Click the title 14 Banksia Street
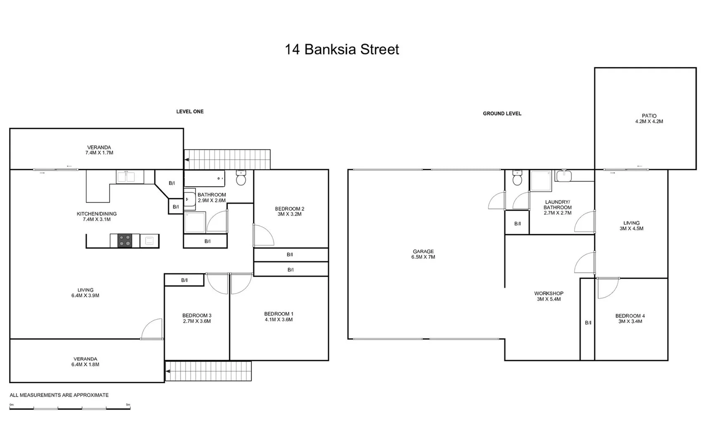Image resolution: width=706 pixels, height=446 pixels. (342, 50)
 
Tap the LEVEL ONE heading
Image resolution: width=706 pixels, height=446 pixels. (190, 111)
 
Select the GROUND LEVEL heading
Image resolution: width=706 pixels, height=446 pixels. (502, 114)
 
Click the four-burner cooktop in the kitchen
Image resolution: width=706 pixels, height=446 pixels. (125, 240)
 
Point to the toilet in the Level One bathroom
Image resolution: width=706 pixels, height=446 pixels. (241, 178)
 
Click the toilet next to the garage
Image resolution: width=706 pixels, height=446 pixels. (517, 178)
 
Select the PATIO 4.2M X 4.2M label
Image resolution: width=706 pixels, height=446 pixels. (649, 119)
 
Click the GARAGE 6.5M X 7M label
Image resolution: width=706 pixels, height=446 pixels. (423, 254)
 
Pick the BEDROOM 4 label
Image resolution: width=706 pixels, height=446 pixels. (630, 318)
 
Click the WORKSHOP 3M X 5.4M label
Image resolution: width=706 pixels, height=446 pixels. (549, 296)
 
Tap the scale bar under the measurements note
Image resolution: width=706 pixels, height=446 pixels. (70, 408)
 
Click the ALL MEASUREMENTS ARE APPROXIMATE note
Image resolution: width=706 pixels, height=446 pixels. (59, 395)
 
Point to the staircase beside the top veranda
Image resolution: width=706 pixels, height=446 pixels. (227, 159)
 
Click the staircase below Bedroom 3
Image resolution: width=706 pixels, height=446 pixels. (208, 371)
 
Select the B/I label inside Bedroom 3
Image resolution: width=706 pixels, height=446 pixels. (184, 280)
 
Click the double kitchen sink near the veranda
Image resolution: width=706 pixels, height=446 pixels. (126, 177)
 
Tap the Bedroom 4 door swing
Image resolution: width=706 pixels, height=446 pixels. (608, 288)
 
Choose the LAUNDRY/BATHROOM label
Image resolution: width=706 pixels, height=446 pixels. (557, 207)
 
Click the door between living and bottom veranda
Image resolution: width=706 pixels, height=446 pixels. (152, 330)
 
